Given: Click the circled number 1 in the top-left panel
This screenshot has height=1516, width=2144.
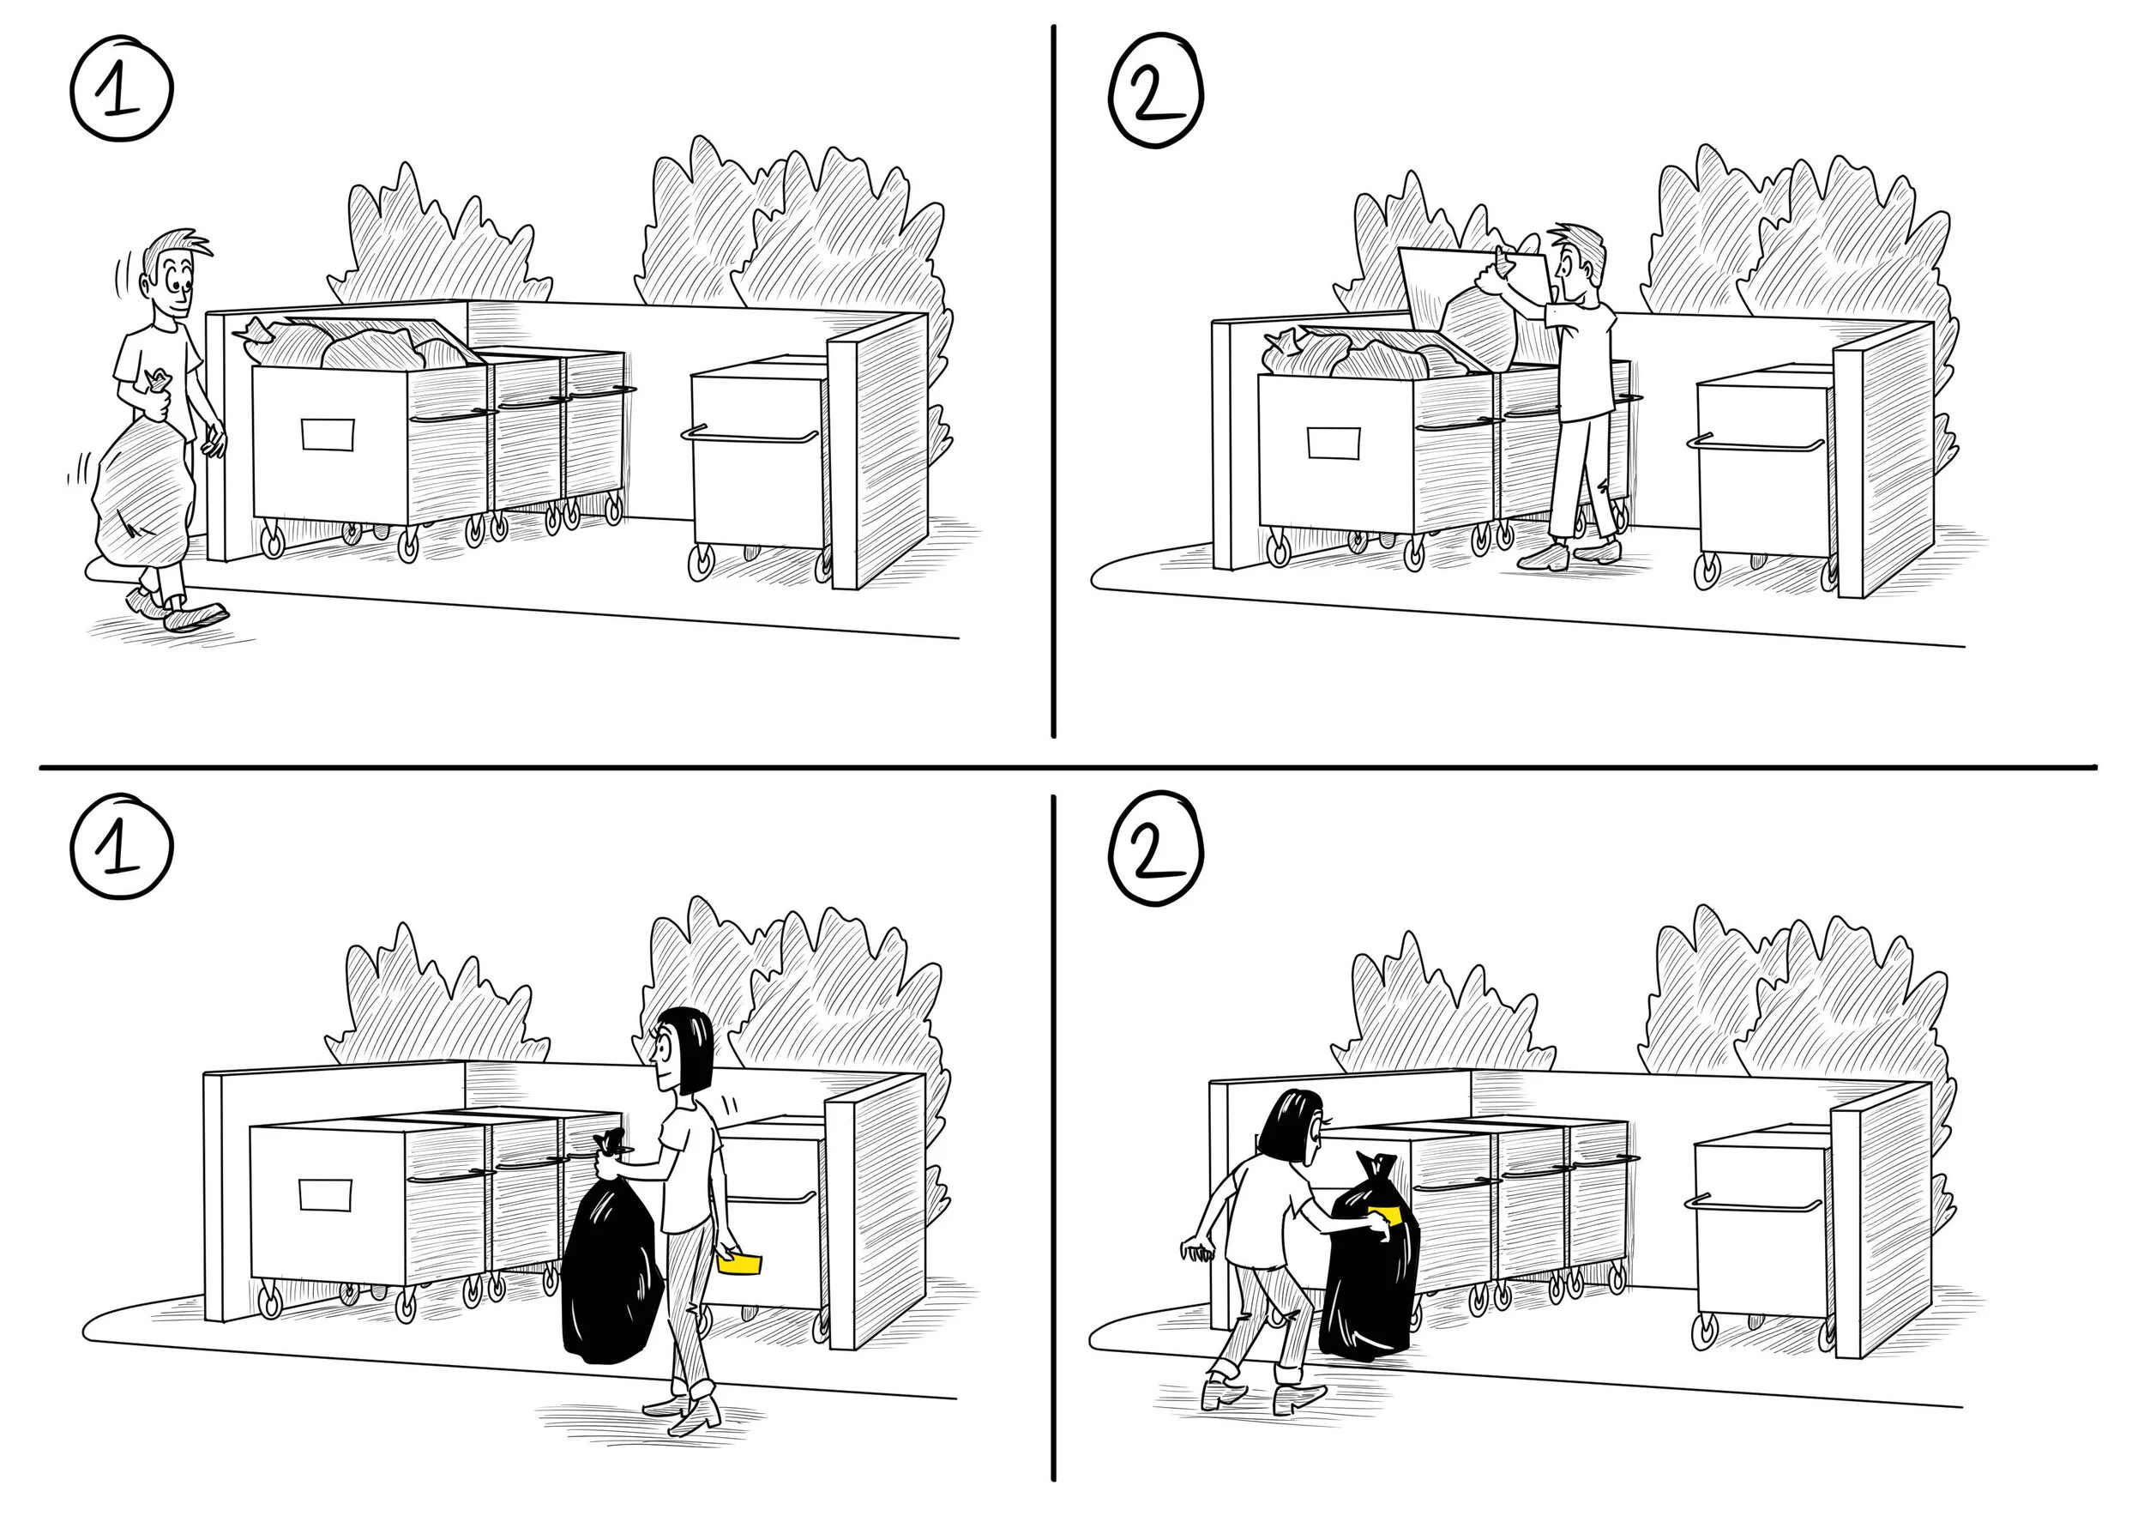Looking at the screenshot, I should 122,90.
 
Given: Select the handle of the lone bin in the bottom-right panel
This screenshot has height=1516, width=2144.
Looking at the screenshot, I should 1752,1203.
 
